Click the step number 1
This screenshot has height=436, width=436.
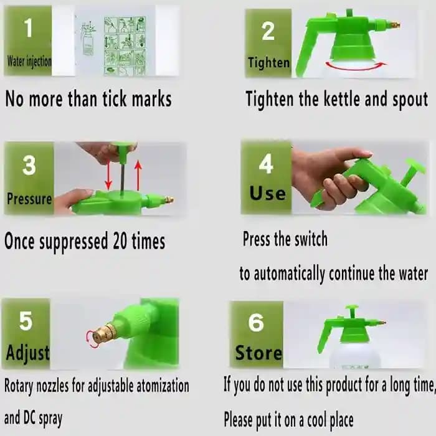pos(28,27)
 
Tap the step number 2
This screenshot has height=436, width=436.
pos(268,31)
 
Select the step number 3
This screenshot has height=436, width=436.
pos(29,166)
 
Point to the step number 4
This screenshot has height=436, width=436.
pos(266,164)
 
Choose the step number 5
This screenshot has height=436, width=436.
pos(26,321)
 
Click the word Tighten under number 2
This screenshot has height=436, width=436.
pos(268,62)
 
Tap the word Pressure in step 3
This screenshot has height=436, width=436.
pos(29,199)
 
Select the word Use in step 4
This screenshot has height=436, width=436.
pos(267,193)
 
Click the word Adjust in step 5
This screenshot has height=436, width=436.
pos(27,353)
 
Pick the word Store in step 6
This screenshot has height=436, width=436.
pos(258,353)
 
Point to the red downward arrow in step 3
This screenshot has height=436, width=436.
pos(108,174)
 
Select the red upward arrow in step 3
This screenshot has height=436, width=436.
pos(138,174)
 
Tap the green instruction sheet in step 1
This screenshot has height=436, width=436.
pos(125,45)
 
